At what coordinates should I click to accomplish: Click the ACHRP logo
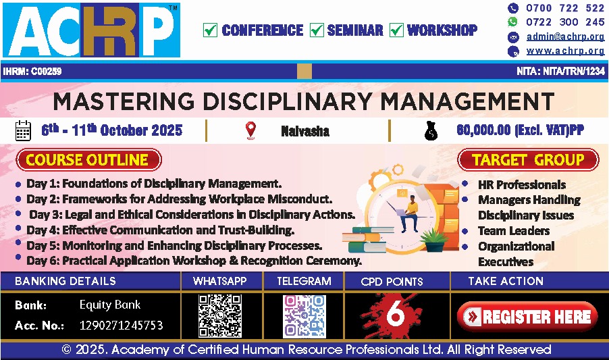(x=91, y=30)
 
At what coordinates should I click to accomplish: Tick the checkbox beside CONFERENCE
(x=210, y=30)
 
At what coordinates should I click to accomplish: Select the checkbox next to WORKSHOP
(x=396, y=30)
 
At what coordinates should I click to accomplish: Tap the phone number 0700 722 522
(x=564, y=8)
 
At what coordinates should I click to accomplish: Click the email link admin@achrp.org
(x=565, y=36)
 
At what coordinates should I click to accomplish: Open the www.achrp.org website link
(x=565, y=51)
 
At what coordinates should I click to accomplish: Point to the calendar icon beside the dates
(x=23, y=130)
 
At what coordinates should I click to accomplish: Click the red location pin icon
(x=251, y=130)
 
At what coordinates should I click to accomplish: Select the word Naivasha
(x=305, y=131)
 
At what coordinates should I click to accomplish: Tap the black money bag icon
(x=431, y=131)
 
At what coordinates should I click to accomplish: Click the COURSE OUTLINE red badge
(x=89, y=159)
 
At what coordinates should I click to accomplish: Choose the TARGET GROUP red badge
(x=528, y=159)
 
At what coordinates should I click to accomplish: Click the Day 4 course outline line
(x=160, y=230)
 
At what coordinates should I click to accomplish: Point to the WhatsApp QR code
(x=220, y=315)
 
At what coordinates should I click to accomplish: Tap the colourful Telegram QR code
(x=304, y=316)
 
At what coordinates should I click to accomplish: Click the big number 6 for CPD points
(x=396, y=314)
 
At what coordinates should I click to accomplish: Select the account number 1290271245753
(x=121, y=325)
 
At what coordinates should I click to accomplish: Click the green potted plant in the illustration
(x=433, y=240)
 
